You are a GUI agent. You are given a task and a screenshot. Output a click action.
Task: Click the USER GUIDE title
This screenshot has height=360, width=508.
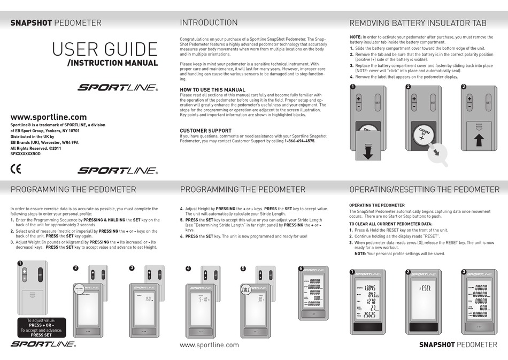(105, 49)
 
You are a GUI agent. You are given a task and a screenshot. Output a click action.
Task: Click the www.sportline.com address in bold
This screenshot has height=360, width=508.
(49, 117)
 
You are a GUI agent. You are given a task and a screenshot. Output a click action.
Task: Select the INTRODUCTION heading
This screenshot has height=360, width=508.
(209, 22)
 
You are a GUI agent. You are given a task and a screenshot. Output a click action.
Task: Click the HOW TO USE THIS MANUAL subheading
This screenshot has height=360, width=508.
(212, 90)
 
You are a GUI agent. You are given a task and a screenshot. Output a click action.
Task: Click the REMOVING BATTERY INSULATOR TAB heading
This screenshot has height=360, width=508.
(418, 23)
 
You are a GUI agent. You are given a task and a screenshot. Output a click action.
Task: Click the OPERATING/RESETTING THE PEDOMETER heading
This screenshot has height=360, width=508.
(424, 189)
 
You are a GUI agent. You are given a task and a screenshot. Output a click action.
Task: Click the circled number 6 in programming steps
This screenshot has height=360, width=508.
(301, 268)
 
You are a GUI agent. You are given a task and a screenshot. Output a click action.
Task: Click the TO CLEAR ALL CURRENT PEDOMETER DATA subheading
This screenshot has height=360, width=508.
(390, 224)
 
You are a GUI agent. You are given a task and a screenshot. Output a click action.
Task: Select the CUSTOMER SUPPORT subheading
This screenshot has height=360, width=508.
(205, 131)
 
